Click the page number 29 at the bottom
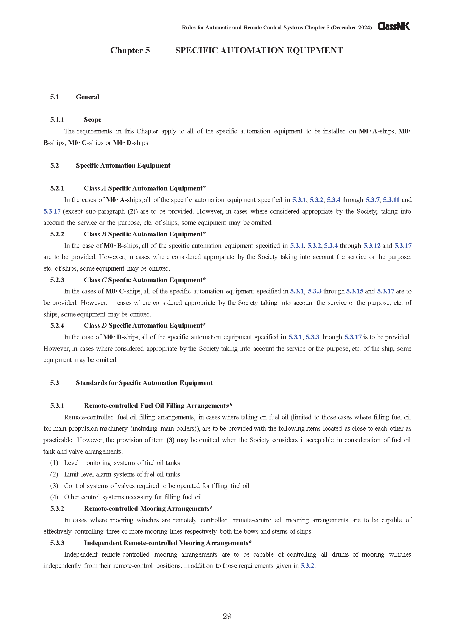click(x=227, y=616)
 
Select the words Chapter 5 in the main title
click(x=130, y=50)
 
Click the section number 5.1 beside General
click(x=55, y=97)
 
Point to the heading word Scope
click(x=93, y=120)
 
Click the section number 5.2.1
click(x=57, y=189)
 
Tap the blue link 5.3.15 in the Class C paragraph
click(x=354, y=291)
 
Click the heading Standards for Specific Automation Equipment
click(x=144, y=383)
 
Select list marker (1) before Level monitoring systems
click(x=54, y=463)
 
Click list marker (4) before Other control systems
click(x=54, y=497)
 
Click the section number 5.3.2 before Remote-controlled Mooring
click(x=57, y=509)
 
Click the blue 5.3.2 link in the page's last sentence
click(x=307, y=566)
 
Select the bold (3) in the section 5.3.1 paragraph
click(x=170, y=440)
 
